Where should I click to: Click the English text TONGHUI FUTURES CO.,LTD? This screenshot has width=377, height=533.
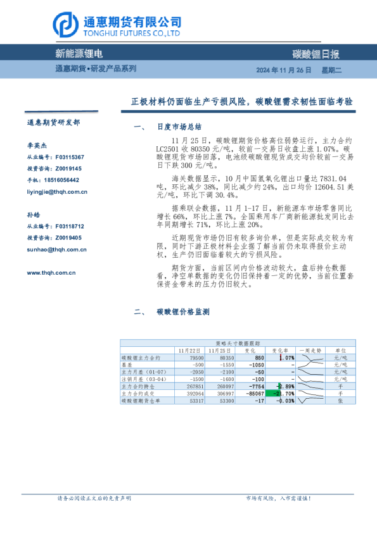click(132, 34)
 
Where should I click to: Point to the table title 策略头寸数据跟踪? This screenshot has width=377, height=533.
click(234, 342)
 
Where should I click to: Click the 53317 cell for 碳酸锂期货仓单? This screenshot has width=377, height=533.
click(195, 401)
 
